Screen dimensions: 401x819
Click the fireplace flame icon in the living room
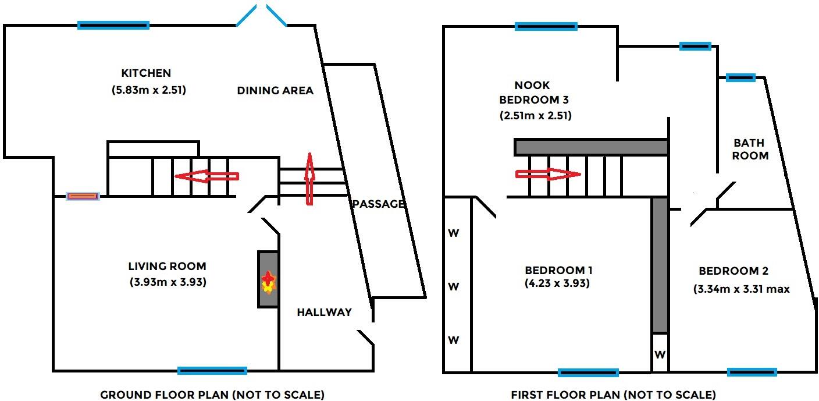268,282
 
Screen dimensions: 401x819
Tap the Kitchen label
146,73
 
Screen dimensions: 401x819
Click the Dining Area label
275,90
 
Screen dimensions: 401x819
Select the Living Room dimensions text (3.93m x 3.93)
168,283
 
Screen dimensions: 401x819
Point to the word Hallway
324,312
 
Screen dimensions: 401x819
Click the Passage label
378,204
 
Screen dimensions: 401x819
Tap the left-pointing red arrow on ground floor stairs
206,176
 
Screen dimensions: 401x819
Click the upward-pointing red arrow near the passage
309,179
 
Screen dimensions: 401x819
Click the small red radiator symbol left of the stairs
83,196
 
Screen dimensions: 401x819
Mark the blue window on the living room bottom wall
212,371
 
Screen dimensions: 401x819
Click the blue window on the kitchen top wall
113,25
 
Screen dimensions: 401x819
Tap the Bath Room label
750,149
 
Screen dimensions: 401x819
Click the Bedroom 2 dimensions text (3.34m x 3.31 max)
742,289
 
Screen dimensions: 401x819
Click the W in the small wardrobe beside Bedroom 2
660,354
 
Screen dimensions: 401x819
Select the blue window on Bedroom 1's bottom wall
588,372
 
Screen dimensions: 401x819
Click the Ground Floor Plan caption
212,395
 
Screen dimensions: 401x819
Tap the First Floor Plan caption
613,395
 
